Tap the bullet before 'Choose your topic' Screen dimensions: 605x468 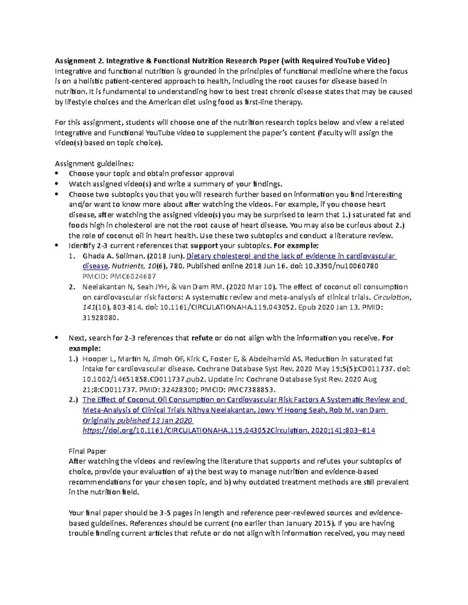57,173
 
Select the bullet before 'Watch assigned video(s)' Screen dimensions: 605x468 57,183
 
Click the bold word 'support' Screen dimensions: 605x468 204,245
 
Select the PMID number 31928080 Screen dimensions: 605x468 99,317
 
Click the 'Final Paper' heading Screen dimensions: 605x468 87,451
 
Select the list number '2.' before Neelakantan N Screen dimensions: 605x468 72,287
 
